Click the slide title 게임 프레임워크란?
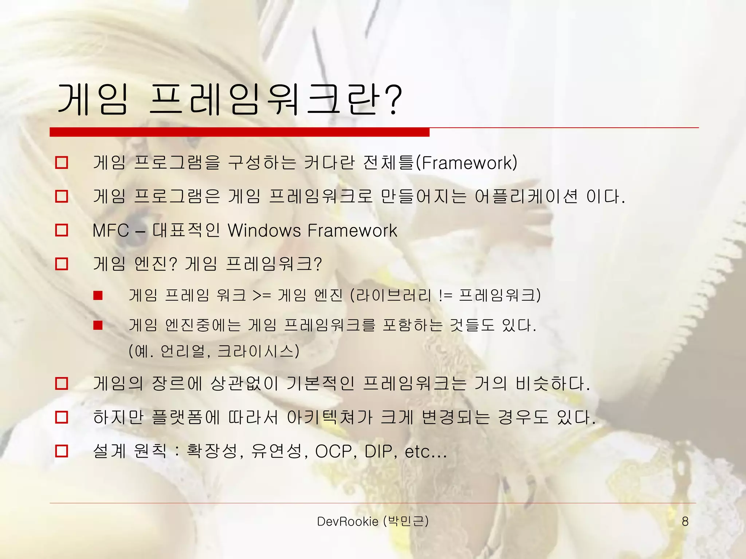tap(229, 99)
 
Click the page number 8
tap(685, 522)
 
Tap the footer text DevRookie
tap(348, 522)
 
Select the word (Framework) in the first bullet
tap(467, 163)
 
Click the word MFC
tap(111, 230)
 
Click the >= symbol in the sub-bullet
tap(262, 295)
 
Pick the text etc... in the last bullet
tap(425, 452)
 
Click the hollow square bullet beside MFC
tap(62, 230)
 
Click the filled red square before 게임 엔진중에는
tap(98, 325)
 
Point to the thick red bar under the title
tap(239, 132)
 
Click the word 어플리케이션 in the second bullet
tap(526, 197)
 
